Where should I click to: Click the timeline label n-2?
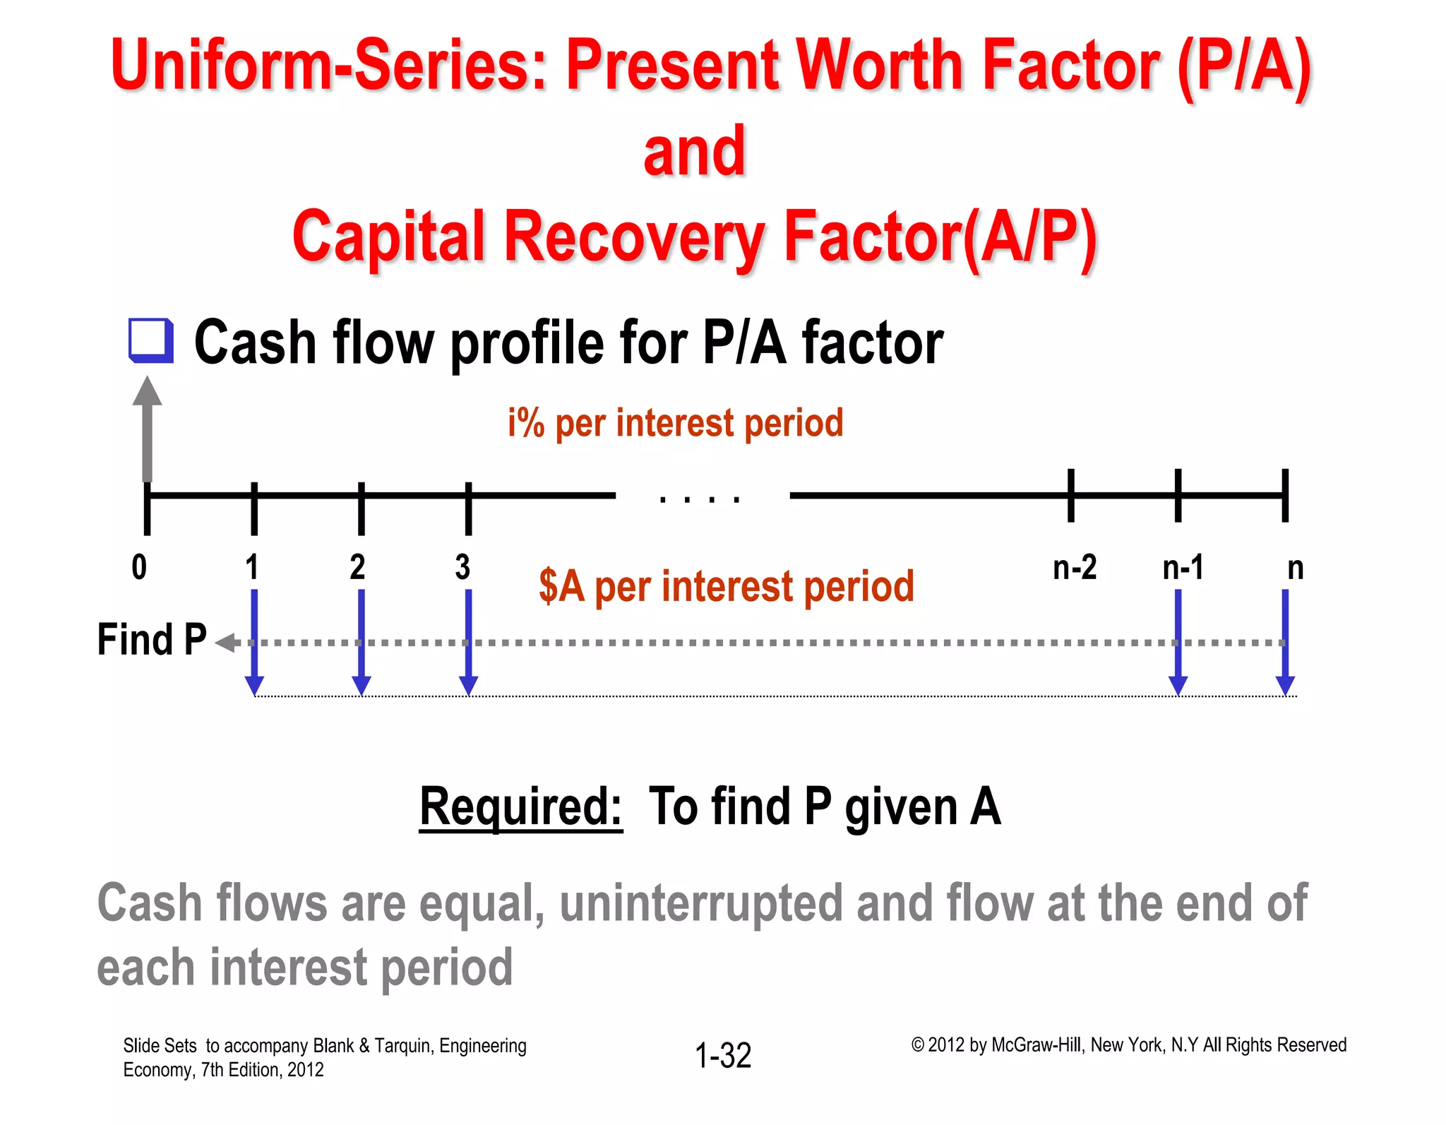[1074, 568]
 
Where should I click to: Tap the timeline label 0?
[139, 568]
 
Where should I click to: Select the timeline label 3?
[462, 568]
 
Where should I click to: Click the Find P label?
[151, 640]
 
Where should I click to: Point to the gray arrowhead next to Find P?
[226, 643]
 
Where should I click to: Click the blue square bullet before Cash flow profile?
[151, 340]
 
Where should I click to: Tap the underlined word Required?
[520, 806]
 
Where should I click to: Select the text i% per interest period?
[675, 423]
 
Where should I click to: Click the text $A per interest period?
[726, 586]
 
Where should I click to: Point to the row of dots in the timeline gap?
[700, 500]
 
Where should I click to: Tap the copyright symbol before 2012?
[917, 1045]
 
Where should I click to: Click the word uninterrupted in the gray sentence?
[700, 903]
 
